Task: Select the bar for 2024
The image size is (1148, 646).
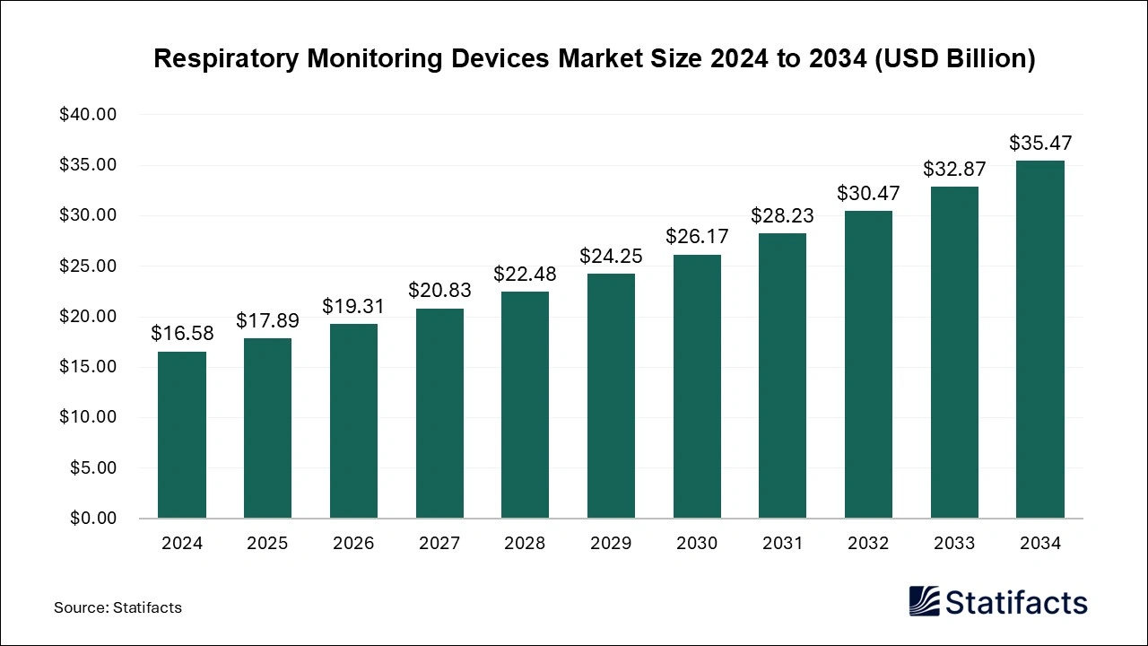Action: [182, 435]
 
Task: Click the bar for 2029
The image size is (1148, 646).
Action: [611, 396]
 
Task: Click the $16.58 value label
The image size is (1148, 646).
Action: [182, 334]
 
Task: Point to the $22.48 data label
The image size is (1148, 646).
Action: [526, 274]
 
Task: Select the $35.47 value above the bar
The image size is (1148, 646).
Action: [1040, 143]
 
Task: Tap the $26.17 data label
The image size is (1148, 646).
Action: [697, 237]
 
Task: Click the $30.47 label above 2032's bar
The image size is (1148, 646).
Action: [868, 193]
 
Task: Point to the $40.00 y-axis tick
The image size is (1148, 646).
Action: [88, 115]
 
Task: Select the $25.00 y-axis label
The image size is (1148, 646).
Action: [88, 266]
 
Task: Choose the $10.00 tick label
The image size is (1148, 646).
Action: [88, 417]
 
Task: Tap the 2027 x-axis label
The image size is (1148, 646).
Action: [439, 544]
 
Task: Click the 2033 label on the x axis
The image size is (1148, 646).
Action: [954, 544]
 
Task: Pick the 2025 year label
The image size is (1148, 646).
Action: [267, 544]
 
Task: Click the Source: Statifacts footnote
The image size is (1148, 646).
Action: [117, 607]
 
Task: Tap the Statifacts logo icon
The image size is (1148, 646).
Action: [924, 601]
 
